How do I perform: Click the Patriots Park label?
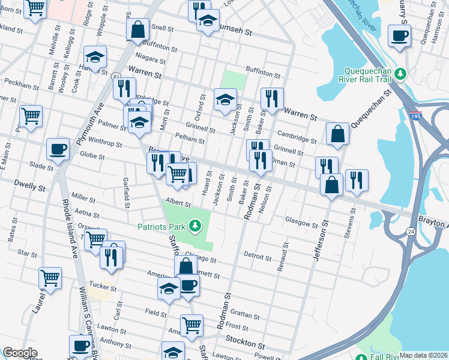[161, 226]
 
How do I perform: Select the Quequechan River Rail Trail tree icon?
[405, 73]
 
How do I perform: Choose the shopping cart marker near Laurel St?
[50, 277]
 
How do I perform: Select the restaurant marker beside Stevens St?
[357, 179]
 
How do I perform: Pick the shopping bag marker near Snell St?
[137, 29]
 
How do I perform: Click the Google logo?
[20, 353]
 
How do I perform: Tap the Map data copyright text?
[423, 355]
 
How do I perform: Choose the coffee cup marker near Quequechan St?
[399, 35]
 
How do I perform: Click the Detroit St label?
[258, 256]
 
